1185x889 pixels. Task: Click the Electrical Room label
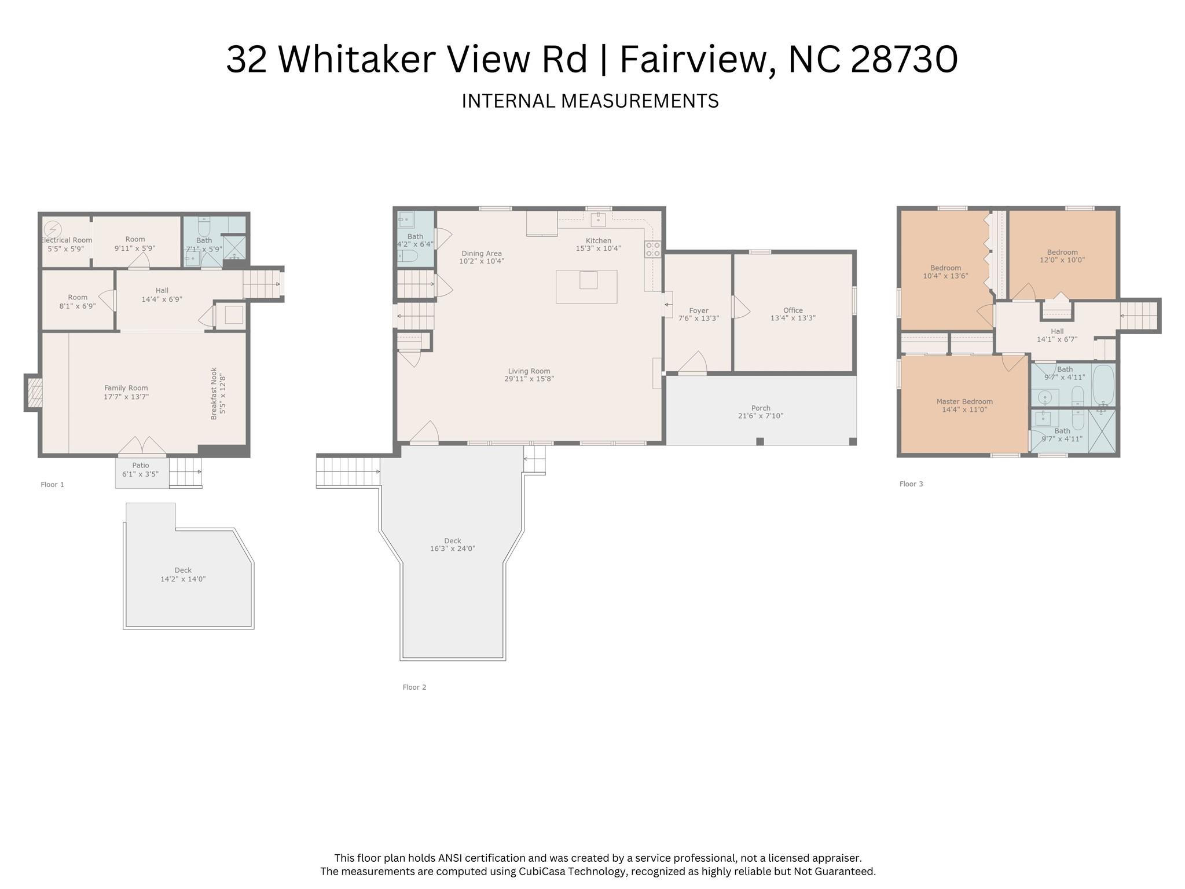tap(67, 240)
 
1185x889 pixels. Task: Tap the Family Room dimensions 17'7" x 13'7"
tap(126, 397)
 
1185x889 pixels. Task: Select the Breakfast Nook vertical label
tap(214, 393)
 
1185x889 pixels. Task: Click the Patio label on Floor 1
tap(141, 465)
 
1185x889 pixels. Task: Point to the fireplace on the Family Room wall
tap(34, 393)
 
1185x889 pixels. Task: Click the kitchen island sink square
tap(588, 280)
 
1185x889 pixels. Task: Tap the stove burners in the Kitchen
tap(652, 250)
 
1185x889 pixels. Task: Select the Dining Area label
tap(481, 253)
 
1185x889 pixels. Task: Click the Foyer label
tap(699, 310)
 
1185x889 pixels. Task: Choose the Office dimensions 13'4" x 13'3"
tap(793, 318)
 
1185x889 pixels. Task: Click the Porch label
tap(761, 408)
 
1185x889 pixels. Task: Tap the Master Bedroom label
tap(964, 401)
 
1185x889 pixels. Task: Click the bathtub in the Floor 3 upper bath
tap(1103, 385)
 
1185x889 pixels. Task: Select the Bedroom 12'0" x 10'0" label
tap(1062, 252)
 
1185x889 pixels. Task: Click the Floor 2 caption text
tap(414, 687)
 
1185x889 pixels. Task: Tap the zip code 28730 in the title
tap(904, 59)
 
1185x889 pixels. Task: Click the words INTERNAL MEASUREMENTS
tap(590, 101)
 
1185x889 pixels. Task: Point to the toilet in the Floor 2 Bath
tap(408, 257)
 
